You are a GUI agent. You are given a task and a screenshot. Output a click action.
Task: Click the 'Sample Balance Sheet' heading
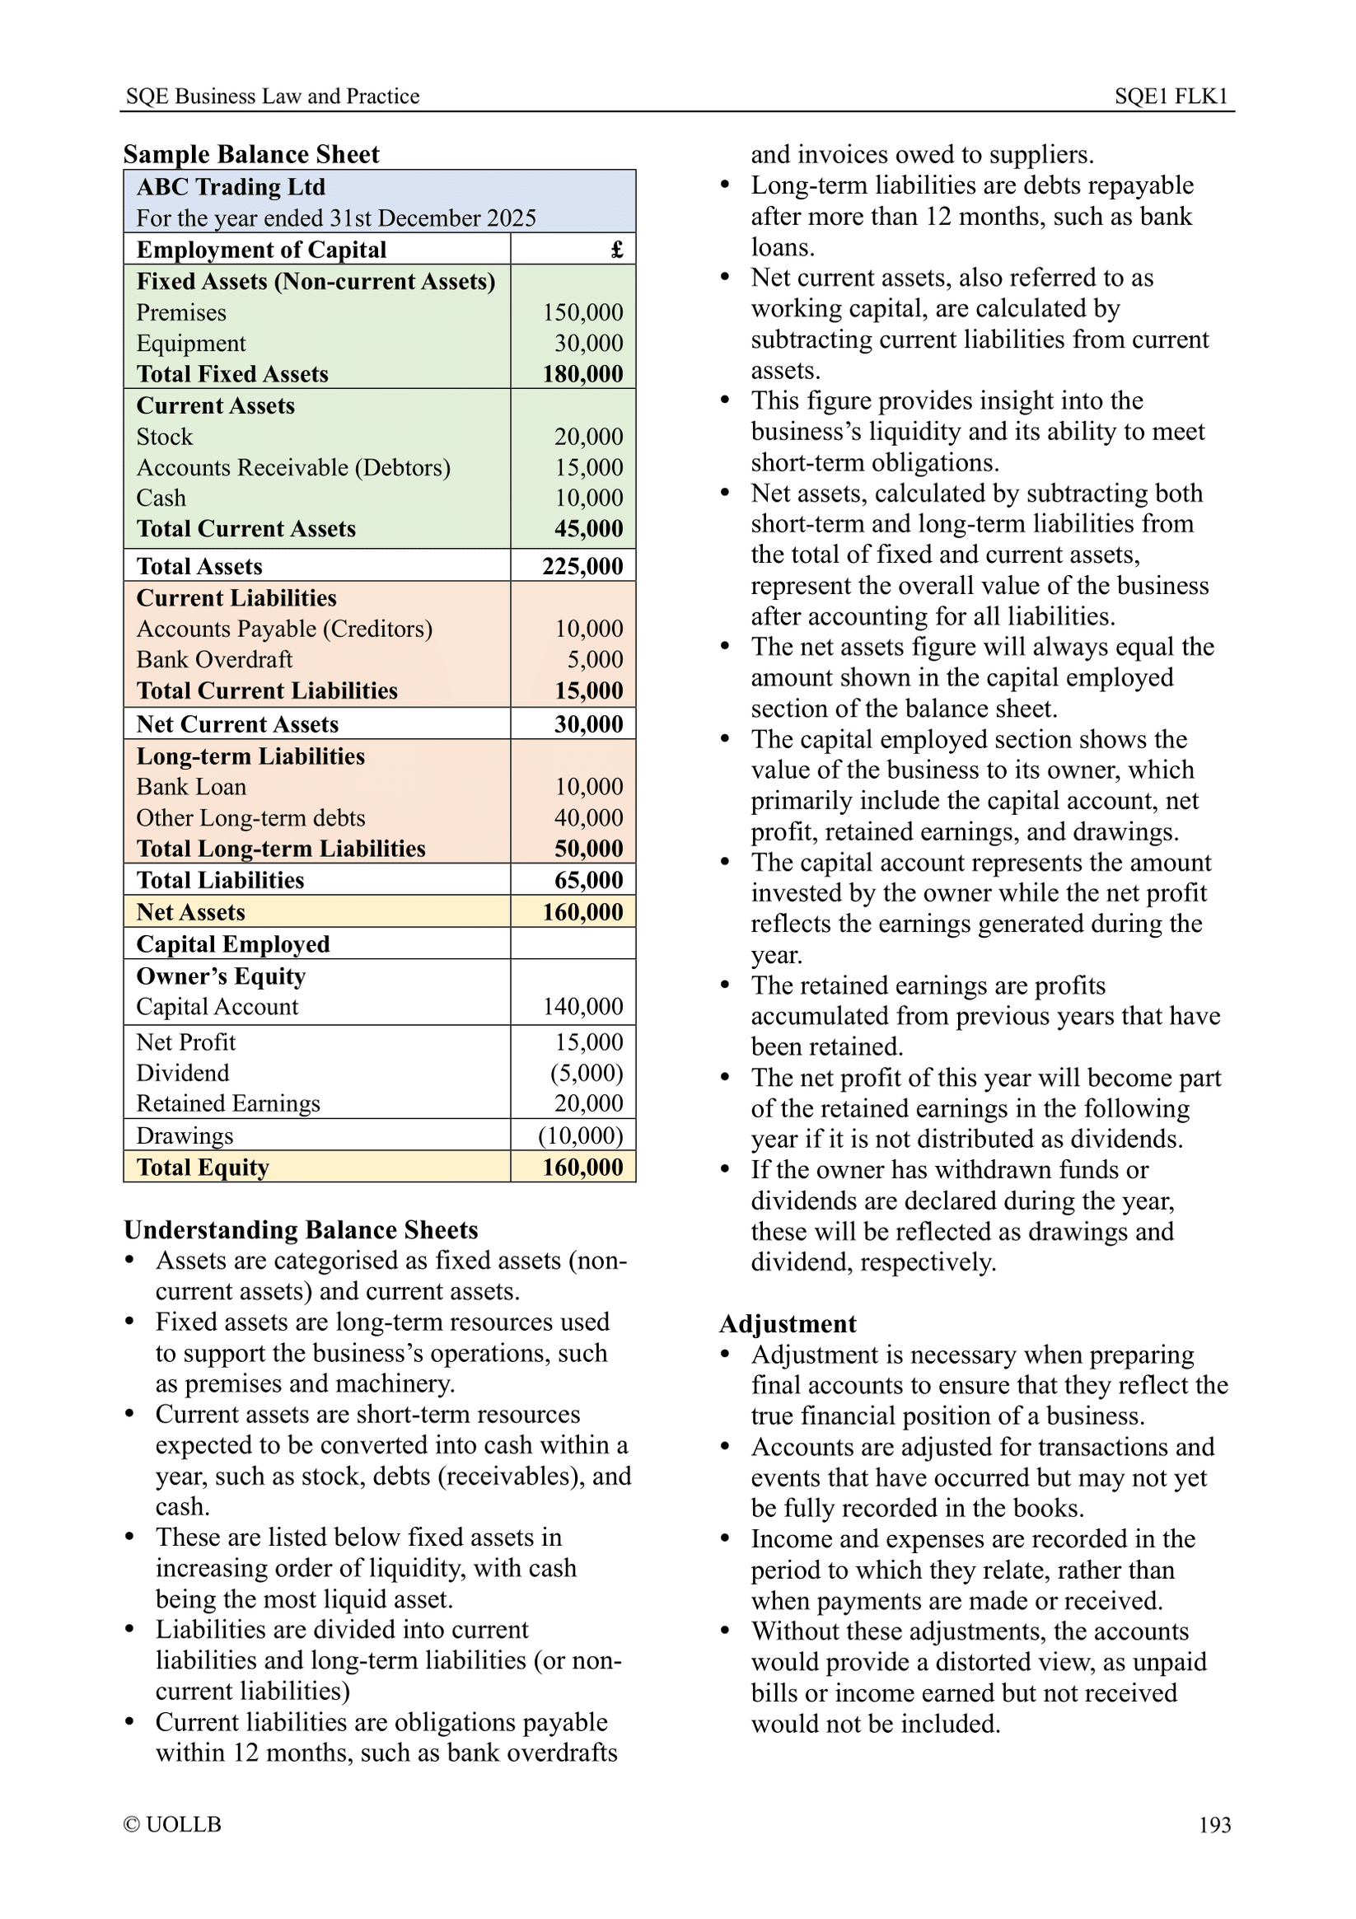click(x=250, y=155)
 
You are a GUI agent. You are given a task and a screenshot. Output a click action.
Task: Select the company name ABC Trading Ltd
click(x=231, y=187)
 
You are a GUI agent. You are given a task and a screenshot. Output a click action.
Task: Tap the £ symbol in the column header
click(x=616, y=250)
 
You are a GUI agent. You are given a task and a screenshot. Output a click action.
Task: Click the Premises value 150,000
click(x=582, y=312)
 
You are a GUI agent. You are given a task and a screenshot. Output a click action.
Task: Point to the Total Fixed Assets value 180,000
click(x=582, y=374)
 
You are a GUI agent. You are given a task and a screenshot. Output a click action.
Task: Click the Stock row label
click(x=165, y=438)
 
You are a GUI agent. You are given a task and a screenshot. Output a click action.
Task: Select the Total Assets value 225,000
click(x=582, y=567)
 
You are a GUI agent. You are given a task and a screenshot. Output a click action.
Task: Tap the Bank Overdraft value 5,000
click(x=595, y=660)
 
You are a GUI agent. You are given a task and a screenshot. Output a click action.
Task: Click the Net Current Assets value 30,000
click(x=588, y=724)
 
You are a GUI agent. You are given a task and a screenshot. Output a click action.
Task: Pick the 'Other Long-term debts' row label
click(x=250, y=818)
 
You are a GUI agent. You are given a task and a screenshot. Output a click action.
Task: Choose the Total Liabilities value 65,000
click(x=588, y=881)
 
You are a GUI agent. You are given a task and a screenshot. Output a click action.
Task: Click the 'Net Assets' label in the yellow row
click(x=190, y=913)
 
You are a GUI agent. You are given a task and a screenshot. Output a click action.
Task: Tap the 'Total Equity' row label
click(x=202, y=1168)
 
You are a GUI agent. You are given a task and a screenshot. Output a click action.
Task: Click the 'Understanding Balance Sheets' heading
click(x=301, y=1230)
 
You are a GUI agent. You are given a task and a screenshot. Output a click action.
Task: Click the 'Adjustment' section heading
click(x=787, y=1325)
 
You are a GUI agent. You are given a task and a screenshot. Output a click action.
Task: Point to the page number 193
click(x=1214, y=1825)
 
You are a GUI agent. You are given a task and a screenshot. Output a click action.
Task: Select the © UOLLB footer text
click(x=172, y=1824)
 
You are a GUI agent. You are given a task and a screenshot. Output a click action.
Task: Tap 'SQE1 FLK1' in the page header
click(x=1171, y=96)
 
